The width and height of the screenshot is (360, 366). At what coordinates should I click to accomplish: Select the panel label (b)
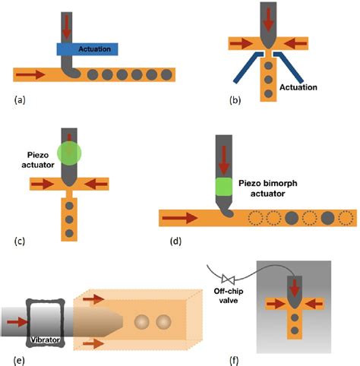click(x=237, y=99)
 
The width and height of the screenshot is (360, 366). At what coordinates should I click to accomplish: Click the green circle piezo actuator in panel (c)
click(x=70, y=152)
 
